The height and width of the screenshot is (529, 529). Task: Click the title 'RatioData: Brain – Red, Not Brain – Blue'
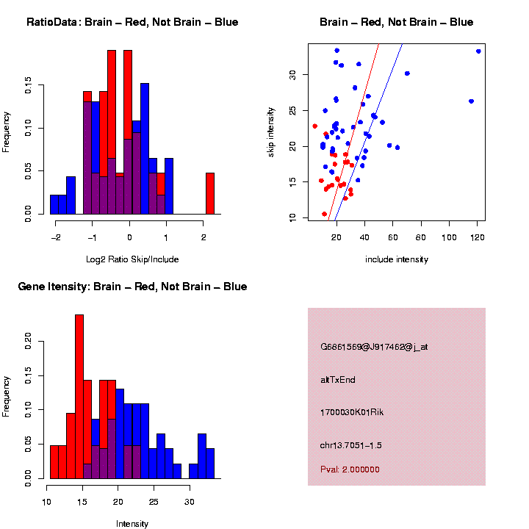132,22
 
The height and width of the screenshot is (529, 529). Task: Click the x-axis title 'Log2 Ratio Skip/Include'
132,259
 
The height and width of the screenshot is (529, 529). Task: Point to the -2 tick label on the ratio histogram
56,237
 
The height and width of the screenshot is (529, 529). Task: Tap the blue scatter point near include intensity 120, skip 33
478,51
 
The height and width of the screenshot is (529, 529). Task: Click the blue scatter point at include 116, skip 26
471,101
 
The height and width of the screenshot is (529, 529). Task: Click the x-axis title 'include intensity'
397,259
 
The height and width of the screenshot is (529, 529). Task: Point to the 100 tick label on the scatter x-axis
449,237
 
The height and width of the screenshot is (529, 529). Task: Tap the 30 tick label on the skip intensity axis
292,74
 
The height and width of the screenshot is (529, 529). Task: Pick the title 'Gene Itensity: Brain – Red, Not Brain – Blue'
132,287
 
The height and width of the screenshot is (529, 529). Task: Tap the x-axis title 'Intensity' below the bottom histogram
132,524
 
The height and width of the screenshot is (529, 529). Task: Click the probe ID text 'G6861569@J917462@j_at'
374,347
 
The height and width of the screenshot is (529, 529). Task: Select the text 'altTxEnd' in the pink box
338,380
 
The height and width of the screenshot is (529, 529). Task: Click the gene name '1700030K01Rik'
352,412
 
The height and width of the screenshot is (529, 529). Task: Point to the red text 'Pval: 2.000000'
350,469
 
